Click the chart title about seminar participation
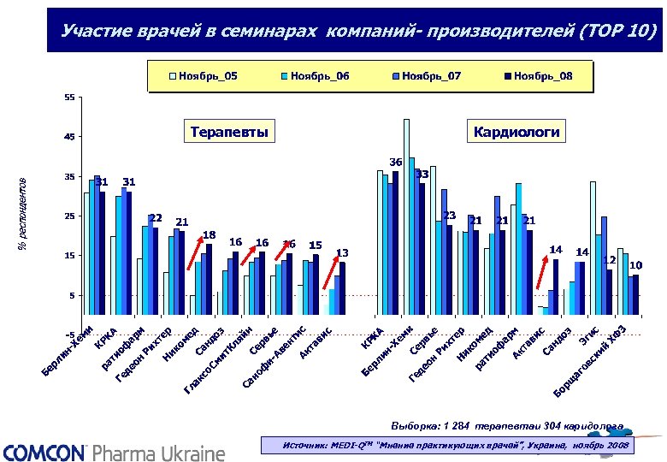tap(359, 33)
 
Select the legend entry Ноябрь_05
tap(203, 77)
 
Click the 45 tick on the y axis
tap(69, 137)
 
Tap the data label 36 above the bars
tap(395, 162)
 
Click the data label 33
tap(422, 175)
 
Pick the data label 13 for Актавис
tap(342, 252)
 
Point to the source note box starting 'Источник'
tap(449, 446)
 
